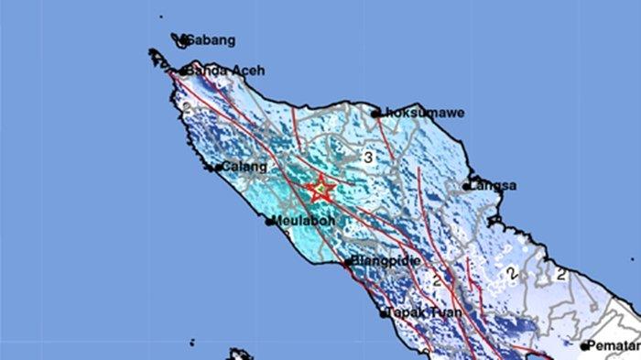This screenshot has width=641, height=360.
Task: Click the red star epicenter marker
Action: tap(320, 189)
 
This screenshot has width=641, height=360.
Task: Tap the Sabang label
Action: tap(212, 40)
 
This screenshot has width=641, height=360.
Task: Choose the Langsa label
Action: tap(494, 185)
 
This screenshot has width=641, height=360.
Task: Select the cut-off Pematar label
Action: tap(614, 345)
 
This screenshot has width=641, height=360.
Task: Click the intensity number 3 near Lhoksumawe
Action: tap(367, 158)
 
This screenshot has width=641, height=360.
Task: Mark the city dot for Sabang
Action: tap(183, 40)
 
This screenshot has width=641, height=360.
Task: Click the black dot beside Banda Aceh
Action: tap(184, 71)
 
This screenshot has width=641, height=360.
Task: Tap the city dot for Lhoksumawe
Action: tap(375, 114)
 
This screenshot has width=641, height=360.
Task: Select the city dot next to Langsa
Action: tap(466, 186)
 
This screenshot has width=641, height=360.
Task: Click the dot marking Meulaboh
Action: tap(270, 221)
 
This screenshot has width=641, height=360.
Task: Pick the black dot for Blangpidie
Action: tap(347, 263)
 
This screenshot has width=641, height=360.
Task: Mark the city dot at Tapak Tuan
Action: tap(384, 313)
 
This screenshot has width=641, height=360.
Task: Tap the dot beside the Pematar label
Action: tap(584, 346)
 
